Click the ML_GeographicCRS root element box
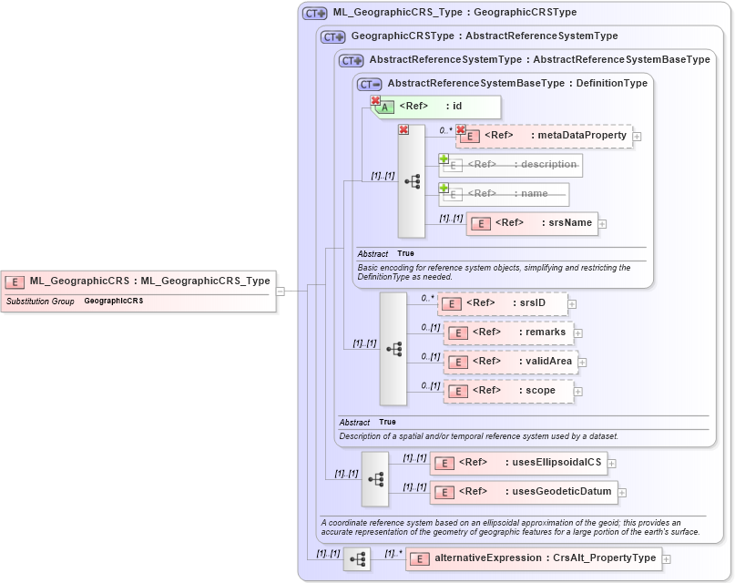138,281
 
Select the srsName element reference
532,223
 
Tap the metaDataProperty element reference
544,136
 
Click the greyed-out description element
511,165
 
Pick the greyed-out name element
504,194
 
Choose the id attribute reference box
436,107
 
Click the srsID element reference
502,303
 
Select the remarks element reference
508,332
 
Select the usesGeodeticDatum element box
523,492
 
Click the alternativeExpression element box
533,558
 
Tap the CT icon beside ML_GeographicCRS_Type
315,14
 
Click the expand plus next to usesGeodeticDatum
622,493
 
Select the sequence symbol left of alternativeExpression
357,559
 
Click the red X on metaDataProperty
461,130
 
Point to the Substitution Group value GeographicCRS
114,301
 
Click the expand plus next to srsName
603,224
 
